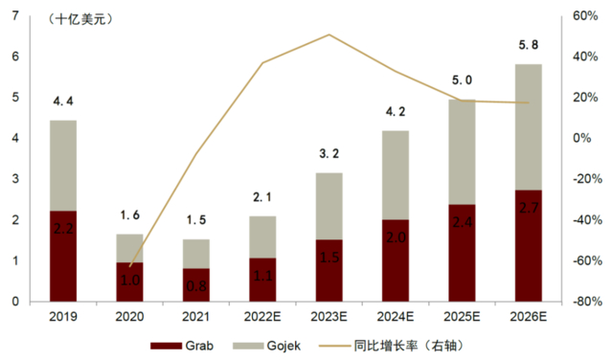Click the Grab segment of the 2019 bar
pyautogui.click(x=63, y=256)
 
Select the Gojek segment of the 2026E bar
pyautogui.click(x=528, y=126)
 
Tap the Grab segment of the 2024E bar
pyautogui.click(x=396, y=260)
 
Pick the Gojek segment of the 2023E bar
pyautogui.click(x=329, y=206)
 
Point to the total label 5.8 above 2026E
pyautogui.click(x=528, y=46)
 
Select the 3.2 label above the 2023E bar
pyautogui.click(x=329, y=153)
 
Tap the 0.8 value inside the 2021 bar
pyautogui.click(x=196, y=284)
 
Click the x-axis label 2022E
pyautogui.click(x=262, y=316)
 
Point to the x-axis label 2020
pyautogui.click(x=129, y=316)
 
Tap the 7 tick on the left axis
pyautogui.click(x=15, y=16)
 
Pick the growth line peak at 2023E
pyautogui.click(x=329, y=34)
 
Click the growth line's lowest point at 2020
pyautogui.click(x=129, y=266)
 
